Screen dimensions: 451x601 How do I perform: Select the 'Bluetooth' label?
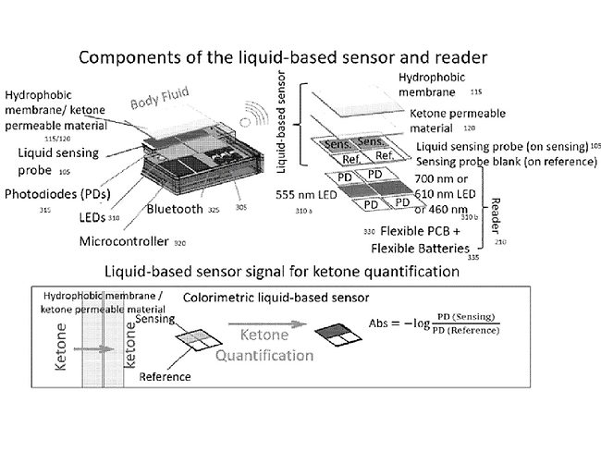click(175, 209)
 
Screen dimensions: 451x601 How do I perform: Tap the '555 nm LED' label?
click(312, 195)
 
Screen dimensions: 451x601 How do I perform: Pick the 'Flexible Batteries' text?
click(422, 249)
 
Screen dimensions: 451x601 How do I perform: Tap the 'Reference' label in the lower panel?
click(165, 376)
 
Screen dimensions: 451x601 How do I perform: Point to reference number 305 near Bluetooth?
click(241, 208)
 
